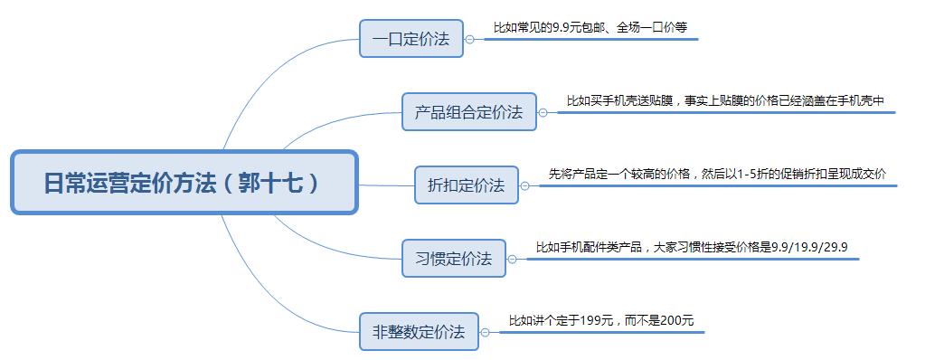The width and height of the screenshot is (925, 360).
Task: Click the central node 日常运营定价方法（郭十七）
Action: pos(184,183)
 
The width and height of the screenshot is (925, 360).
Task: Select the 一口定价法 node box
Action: pos(411,39)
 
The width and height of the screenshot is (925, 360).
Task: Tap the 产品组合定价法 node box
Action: pos(468,112)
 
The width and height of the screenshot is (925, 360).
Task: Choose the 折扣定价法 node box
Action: pos(466,185)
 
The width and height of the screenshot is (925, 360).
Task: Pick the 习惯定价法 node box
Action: pos(453,259)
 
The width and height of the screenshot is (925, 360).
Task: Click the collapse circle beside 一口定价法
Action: pos(469,39)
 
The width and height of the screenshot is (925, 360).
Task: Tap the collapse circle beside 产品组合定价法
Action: pos(543,113)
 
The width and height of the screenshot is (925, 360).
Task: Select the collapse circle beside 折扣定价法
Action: pos(525,185)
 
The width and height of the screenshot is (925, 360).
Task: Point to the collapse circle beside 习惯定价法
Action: pos(513,259)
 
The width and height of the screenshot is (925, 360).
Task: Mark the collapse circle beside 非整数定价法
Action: pos(485,332)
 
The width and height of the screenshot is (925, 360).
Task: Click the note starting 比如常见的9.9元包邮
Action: pos(590,28)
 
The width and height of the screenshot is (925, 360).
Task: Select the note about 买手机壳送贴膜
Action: pos(725,101)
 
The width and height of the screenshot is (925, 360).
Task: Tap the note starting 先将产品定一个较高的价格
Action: pos(717,174)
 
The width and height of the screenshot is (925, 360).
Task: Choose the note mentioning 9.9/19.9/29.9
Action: pos(691,246)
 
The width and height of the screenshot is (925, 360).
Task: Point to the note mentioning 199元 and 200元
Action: pos(600,320)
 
